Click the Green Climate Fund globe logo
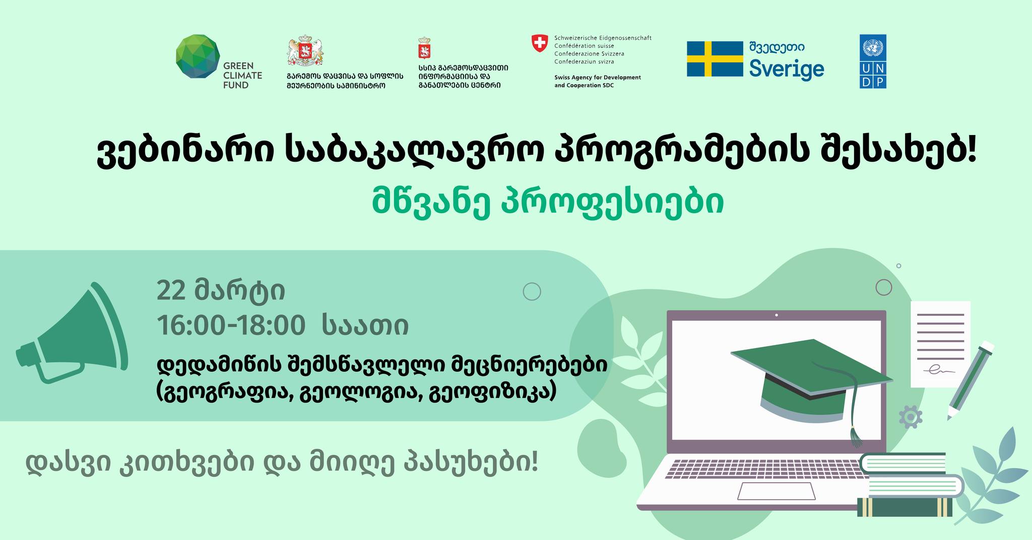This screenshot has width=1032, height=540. click(198, 57)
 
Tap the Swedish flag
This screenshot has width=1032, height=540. click(715, 59)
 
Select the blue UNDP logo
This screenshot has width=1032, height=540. click(873, 61)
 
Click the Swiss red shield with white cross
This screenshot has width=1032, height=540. click(540, 43)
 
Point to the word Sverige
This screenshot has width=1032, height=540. click(787, 69)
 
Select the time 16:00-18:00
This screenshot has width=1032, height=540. click(231, 325)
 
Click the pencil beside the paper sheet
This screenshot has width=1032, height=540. click(970, 381)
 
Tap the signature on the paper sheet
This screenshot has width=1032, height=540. click(939, 371)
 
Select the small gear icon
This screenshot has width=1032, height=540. click(911, 418)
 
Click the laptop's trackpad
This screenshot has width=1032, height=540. click(777, 491)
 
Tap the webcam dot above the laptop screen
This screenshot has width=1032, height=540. click(777, 315)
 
